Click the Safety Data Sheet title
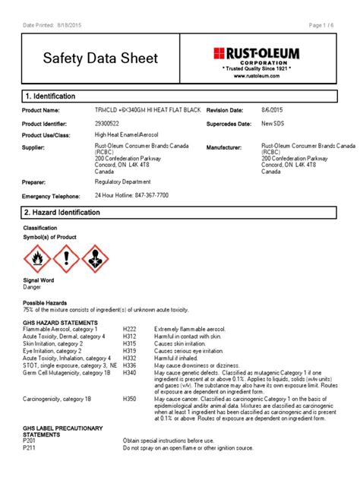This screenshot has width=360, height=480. pos(99,58)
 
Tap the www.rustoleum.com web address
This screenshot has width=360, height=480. pos(256,76)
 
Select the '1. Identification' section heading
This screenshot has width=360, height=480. pos(51,96)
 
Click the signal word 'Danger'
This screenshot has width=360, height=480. pos(33,288)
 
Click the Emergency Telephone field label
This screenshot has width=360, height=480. pos(51,196)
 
